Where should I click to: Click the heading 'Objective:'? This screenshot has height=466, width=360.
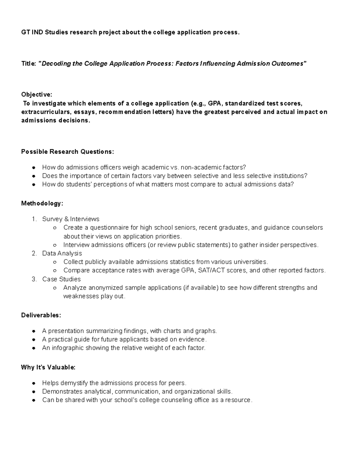(37, 95)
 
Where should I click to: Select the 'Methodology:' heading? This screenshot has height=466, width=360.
(42, 203)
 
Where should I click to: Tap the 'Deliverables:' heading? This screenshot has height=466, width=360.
(41, 315)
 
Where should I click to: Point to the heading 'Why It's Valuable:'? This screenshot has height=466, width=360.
(48, 367)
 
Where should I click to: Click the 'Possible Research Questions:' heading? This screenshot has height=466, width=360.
(67, 152)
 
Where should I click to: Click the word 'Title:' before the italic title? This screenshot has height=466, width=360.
(28, 64)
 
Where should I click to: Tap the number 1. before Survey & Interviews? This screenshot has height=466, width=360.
(34, 219)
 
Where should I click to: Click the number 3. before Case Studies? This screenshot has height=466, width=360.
(34, 279)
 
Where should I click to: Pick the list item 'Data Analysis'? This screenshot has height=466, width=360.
(62, 253)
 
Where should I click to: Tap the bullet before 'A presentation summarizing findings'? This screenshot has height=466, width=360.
(34, 331)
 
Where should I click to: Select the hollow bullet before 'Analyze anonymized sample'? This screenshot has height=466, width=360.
(55, 288)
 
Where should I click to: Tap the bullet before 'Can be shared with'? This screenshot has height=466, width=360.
(34, 400)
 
